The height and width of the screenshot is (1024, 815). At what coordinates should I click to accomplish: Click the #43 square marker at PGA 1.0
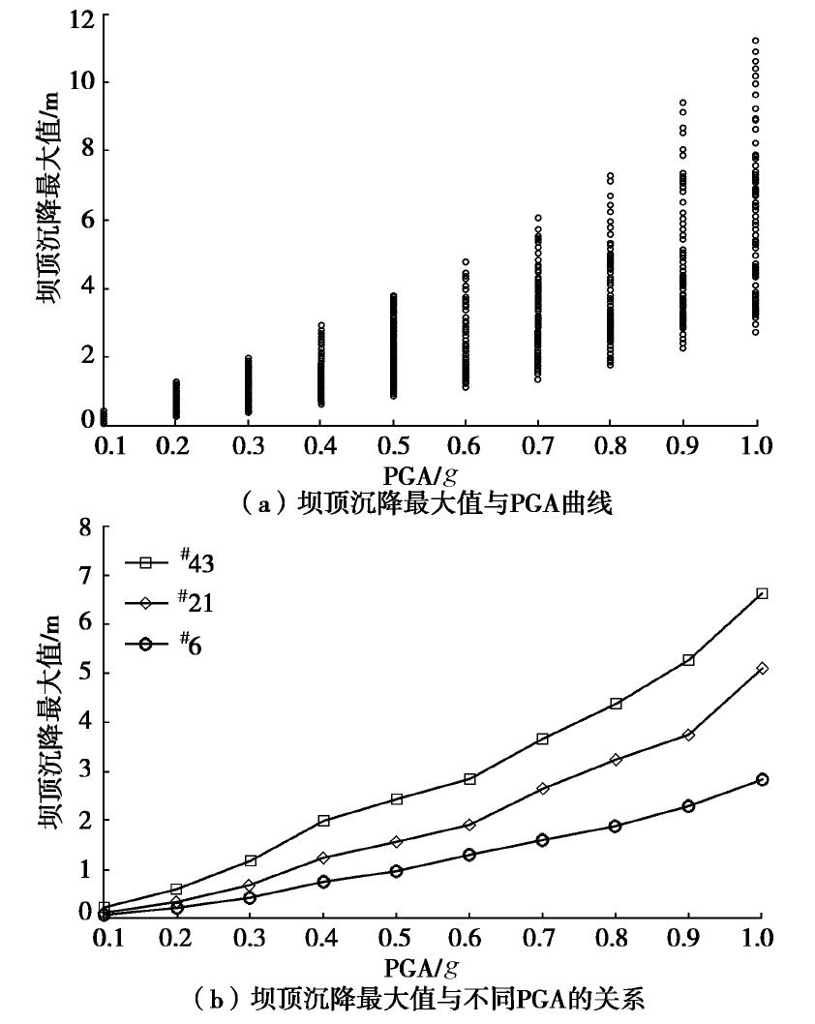click(762, 593)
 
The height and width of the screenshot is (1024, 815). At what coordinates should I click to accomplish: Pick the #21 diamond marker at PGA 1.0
click(762, 668)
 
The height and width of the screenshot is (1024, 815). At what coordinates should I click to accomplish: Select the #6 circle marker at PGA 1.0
click(762, 779)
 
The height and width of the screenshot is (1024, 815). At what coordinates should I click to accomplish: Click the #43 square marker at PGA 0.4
click(323, 821)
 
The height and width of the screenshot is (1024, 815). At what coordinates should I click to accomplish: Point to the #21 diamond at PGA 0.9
click(688, 735)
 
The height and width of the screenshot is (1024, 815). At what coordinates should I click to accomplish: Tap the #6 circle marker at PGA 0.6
click(469, 855)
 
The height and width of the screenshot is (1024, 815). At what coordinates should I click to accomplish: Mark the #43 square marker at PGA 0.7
click(542, 738)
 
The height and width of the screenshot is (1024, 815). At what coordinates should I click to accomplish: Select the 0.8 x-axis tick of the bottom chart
click(615, 939)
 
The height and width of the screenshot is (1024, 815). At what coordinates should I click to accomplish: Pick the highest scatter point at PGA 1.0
click(756, 41)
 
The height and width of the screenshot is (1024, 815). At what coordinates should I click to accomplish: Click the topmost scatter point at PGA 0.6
click(465, 261)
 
